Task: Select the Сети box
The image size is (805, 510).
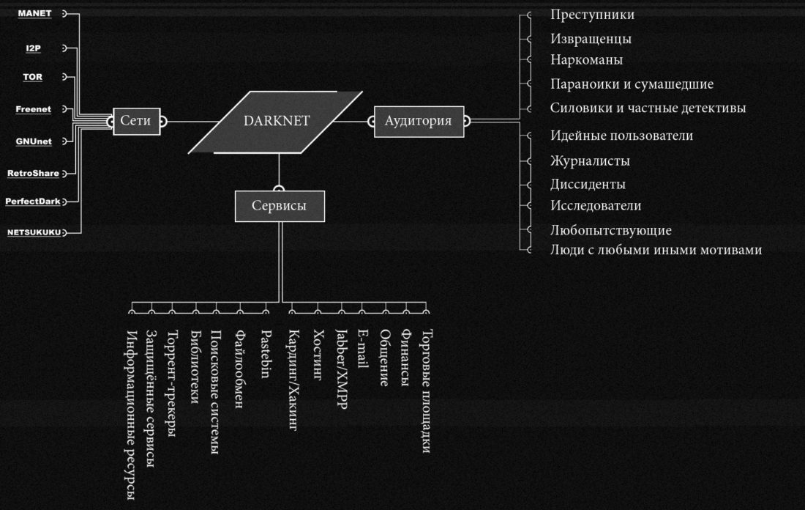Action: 136,121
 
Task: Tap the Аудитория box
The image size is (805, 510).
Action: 419,121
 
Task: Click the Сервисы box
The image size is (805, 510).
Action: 279,207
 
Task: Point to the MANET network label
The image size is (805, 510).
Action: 34,14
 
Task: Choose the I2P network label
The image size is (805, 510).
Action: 34,48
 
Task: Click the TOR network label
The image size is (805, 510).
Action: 33,76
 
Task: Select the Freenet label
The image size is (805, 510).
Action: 34,109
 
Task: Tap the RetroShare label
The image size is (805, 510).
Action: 33,174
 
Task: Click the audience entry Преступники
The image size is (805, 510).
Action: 592,15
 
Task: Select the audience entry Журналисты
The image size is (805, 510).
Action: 590,161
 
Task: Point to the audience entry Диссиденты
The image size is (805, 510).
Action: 588,185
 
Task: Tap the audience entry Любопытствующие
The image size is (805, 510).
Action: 610,230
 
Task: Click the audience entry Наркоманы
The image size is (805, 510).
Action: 586,60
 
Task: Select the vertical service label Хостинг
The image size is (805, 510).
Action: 318,356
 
